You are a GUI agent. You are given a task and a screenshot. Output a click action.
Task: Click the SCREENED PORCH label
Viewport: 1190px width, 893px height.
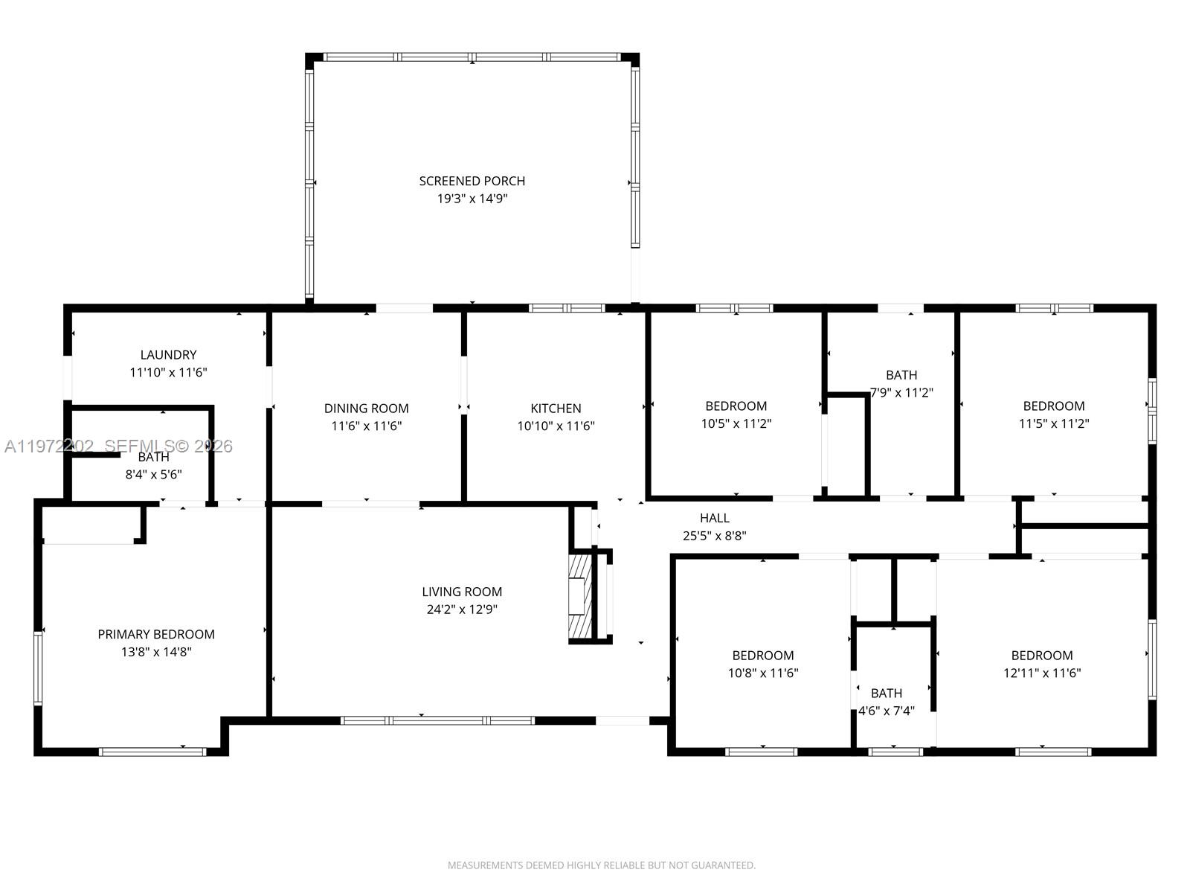(472, 181)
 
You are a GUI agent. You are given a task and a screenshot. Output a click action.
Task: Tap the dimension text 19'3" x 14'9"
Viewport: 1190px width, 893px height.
(472, 199)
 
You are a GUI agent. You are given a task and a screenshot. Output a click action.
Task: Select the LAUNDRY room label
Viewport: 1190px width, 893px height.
(168, 355)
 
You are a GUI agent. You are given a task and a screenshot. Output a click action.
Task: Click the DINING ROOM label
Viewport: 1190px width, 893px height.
(366, 408)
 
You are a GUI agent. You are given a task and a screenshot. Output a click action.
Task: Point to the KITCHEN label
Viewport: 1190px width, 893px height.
(556, 408)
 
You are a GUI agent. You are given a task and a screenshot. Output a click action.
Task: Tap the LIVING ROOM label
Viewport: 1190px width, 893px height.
(462, 592)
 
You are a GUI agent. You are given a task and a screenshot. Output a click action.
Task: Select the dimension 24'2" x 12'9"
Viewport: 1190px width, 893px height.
(462, 609)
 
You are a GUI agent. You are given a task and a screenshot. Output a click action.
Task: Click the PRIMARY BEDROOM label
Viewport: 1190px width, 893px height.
(156, 634)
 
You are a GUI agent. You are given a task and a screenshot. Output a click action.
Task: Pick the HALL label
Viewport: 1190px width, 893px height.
(714, 518)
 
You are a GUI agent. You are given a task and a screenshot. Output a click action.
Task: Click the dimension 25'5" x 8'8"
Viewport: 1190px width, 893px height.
(714, 536)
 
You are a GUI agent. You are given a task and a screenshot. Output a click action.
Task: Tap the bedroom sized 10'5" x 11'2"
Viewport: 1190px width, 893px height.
(736, 415)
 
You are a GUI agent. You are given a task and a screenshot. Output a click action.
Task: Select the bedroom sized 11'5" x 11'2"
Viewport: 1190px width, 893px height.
(1053, 415)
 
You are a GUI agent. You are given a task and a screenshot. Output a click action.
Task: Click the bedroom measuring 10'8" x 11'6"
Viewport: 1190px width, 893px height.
(762, 664)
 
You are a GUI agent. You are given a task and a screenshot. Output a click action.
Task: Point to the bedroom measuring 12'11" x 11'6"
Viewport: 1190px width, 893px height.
(1041, 664)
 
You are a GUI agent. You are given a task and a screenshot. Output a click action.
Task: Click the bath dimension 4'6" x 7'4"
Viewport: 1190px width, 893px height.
(887, 711)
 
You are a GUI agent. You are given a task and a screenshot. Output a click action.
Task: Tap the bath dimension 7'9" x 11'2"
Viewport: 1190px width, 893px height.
(901, 393)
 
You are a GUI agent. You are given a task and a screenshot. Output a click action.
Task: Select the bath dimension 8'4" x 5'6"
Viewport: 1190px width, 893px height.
(153, 474)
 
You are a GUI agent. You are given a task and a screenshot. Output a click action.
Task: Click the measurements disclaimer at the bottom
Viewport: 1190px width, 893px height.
(601, 865)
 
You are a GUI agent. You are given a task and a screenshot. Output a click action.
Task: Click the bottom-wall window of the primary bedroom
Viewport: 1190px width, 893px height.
(152, 752)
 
